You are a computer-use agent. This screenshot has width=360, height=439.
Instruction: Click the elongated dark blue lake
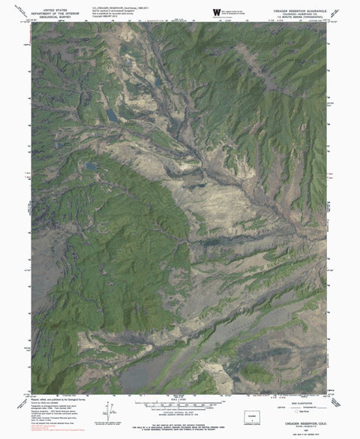pos(111,116)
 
